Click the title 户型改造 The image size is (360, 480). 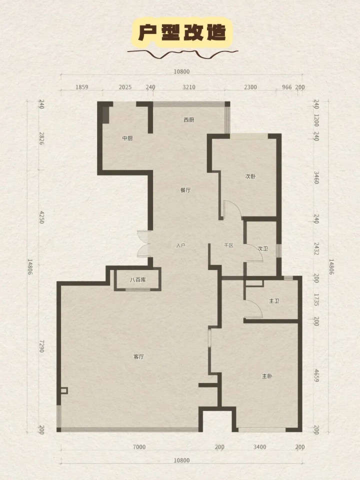coord(182,33)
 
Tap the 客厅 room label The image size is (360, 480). coord(138,356)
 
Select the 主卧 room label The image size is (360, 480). coord(267,376)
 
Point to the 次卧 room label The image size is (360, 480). coord(250,176)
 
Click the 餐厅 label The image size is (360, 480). coord(185,190)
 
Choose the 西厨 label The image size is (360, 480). coord(189,120)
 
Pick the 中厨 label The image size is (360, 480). coord(127,138)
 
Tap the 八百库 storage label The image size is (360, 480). coord(138,279)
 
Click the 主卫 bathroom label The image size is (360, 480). coord(274,301)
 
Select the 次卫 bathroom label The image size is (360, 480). coord(262,248)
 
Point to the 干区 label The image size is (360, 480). coord(228,245)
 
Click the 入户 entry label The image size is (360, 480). coord(181,245)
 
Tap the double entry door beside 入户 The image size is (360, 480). coord(144,243)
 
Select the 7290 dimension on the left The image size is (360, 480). coord(41,345)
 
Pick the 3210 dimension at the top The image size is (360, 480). coord(189,87)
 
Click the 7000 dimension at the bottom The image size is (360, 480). coord(139,447)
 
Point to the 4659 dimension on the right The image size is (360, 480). coord(316,375)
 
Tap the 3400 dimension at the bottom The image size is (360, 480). coord(259,447)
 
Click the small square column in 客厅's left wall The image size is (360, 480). coord(63,391)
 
